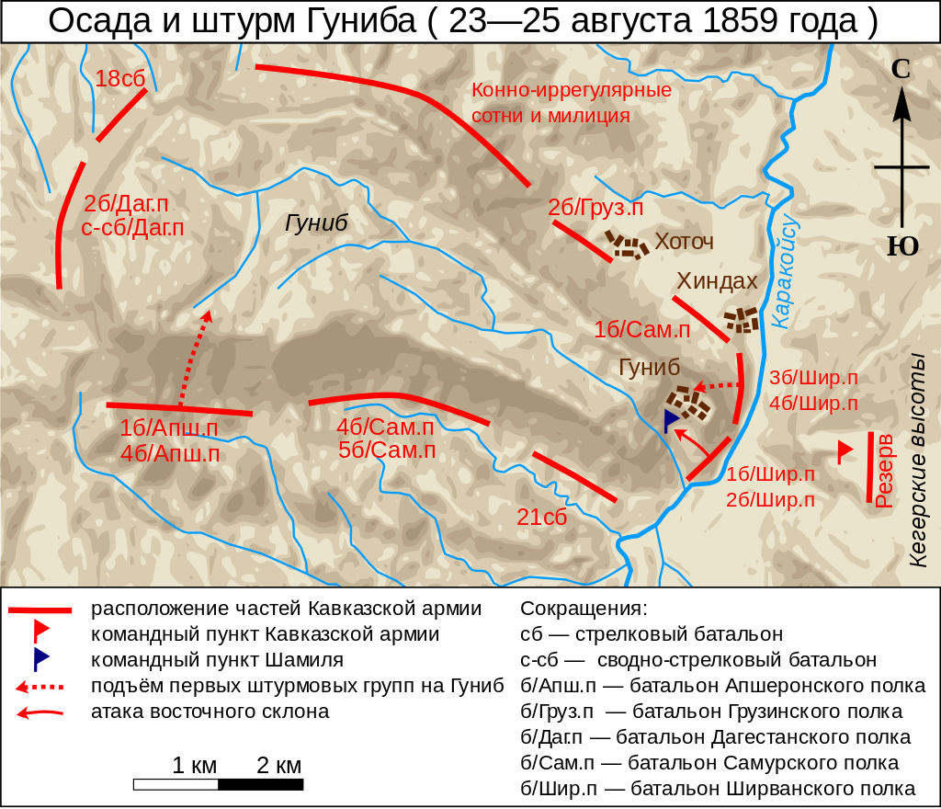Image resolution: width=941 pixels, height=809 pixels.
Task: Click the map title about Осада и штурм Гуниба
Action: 462,21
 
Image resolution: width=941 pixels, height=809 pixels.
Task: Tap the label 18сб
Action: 120,79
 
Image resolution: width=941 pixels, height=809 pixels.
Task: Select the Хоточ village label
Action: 684,243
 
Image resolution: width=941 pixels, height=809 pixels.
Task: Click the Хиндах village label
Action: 717,281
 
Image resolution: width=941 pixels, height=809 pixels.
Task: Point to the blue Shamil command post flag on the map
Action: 672,419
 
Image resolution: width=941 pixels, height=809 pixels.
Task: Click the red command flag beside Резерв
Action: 844,451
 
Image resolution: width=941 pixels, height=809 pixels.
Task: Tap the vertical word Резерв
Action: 884,471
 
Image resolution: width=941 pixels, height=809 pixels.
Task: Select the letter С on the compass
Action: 901,70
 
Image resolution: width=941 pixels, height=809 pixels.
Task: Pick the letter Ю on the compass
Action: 902,246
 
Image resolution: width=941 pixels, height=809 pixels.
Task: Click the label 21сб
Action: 542,517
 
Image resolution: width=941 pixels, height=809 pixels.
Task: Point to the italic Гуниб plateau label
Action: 317,224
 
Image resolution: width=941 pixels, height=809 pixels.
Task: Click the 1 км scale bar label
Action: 194,766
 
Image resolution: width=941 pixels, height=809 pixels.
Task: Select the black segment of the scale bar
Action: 261,784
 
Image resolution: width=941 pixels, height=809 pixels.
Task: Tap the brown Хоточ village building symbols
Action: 626,245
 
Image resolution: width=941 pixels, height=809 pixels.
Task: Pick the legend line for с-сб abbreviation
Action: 698,660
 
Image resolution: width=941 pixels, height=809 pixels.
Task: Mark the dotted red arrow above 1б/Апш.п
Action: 195,359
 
